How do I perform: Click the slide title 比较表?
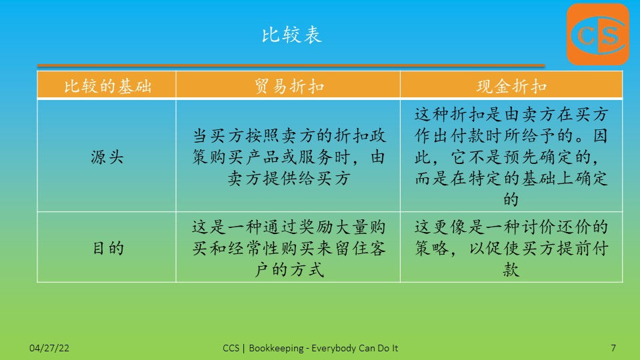[x=292, y=35]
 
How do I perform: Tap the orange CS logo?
[x=598, y=34]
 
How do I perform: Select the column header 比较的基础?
[x=107, y=86]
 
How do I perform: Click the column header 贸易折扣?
[x=289, y=86]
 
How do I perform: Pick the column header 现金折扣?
[x=511, y=86]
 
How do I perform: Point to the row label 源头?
[x=107, y=157]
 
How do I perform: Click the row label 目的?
[x=108, y=248]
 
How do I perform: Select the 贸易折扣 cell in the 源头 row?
[x=289, y=157]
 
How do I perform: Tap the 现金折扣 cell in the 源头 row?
[x=511, y=156]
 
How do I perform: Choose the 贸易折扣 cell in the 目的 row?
[x=289, y=248]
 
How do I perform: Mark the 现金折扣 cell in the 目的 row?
[x=511, y=248]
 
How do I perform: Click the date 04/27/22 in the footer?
[x=49, y=348]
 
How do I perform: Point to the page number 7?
[x=613, y=348]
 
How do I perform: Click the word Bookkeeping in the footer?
[x=276, y=348]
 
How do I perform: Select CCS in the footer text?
[x=231, y=348]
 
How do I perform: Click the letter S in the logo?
[x=610, y=35]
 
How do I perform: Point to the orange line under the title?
[x=291, y=65]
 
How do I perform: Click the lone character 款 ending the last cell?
[x=511, y=269]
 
